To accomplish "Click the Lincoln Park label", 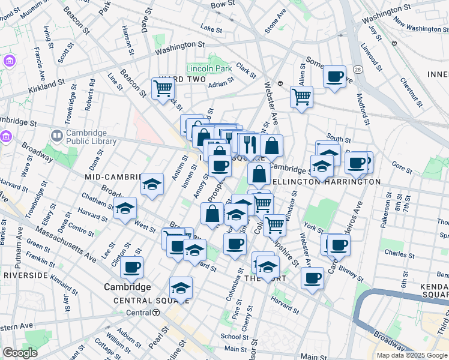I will tap(209, 68).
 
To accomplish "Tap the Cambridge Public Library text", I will tap(86, 137).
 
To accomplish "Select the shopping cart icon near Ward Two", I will tap(163, 89).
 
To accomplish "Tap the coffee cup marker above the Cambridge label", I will tap(131, 267).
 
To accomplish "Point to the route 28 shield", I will tap(357, 70).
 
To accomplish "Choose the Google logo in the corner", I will tap(19, 353).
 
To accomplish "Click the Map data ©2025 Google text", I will tap(412, 355).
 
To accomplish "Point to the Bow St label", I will tap(222, 4).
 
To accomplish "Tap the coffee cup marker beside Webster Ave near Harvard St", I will tap(312, 278).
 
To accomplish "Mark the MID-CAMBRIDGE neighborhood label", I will tap(116, 177).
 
